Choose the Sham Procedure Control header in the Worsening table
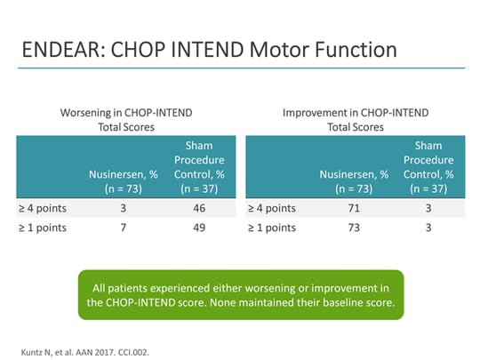tap(199, 164)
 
